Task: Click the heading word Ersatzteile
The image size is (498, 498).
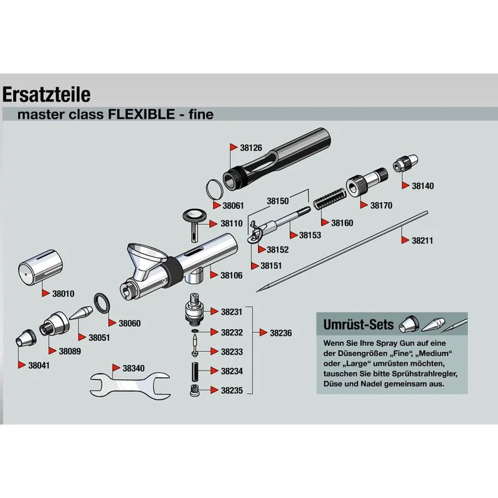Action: [47, 95]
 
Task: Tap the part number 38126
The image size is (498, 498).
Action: [251, 148]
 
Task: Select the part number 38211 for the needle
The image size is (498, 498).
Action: [422, 240]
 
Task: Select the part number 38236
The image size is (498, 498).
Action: [281, 333]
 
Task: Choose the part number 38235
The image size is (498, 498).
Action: [232, 391]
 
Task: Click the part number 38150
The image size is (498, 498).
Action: [278, 201]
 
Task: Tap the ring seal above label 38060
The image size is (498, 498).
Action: [101, 303]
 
